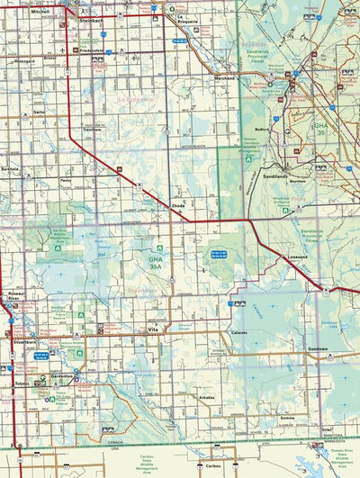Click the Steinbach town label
(x=91, y=19)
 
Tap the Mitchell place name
(x=40, y=13)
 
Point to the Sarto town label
(x=39, y=112)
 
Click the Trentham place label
(x=92, y=130)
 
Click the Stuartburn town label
(x=25, y=343)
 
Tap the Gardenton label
(x=61, y=376)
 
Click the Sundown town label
(x=316, y=348)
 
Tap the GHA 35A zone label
(x=156, y=262)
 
